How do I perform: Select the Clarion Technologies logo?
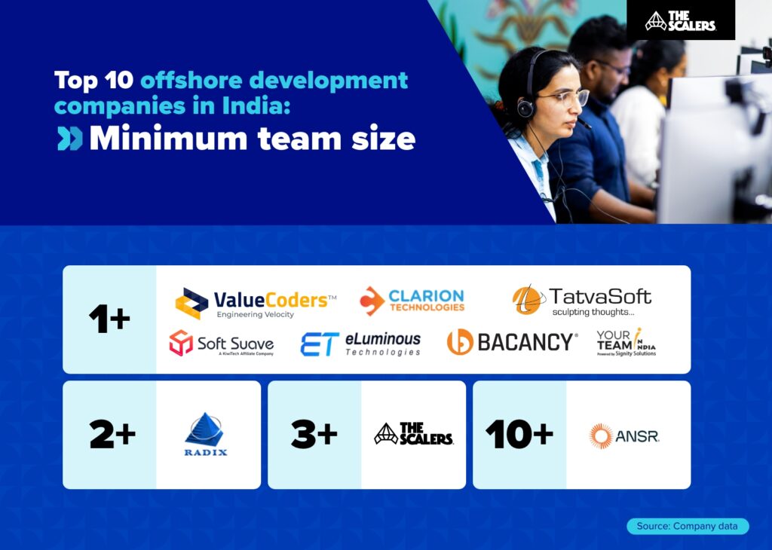[412, 300]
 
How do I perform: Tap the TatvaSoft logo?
[581, 300]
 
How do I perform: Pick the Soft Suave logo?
[221, 343]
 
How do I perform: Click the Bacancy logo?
[512, 342]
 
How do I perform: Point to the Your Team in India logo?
[626, 342]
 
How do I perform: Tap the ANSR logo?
[624, 435]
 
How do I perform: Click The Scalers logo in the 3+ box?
[413, 434]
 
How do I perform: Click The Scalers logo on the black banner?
[680, 21]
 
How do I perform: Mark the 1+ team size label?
[109, 320]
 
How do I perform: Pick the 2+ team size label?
[112, 435]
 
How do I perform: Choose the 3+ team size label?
[313, 435]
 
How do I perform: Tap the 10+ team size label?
[519, 435]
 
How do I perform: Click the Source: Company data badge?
[688, 526]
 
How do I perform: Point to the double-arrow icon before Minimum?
[70, 139]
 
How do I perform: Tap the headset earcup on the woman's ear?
[526, 107]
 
